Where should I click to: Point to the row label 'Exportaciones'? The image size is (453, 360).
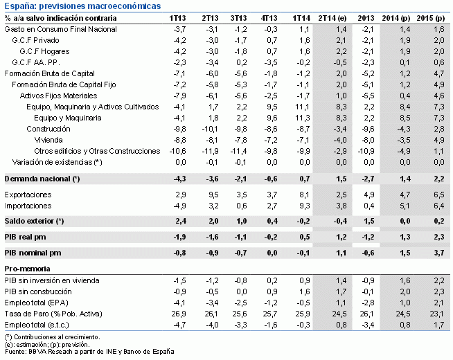click(x=27, y=195)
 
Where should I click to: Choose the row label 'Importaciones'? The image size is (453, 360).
click(x=27, y=206)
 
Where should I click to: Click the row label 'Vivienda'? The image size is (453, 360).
click(x=48, y=140)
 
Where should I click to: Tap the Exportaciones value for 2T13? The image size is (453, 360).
click(x=210, y=195)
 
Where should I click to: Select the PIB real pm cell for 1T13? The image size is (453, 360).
click(x=179, y=237)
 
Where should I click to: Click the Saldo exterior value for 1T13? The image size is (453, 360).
click(x=179, y=222)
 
